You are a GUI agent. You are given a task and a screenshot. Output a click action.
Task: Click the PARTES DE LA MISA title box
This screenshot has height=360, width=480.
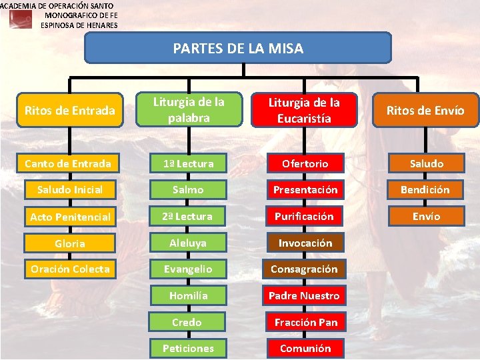click(x=238, y=48)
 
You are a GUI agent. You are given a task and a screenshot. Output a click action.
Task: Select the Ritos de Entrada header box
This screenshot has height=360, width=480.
click(x=69, y=110)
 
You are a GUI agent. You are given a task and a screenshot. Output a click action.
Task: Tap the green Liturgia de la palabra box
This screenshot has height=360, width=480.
click(x=189, y=110)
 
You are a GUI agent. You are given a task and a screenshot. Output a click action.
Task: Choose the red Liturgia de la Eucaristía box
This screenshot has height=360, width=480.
click(x=304, y=110)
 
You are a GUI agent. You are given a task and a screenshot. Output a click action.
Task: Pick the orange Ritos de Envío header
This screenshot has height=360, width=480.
click(x=425, y=110)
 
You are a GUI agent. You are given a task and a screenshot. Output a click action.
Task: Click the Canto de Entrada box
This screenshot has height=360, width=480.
click(x=68, y=163)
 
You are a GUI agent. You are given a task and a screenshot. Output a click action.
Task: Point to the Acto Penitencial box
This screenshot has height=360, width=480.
click(x=70, y=217)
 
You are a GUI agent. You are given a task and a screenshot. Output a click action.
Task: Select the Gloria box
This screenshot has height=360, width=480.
click(x=70, y=243)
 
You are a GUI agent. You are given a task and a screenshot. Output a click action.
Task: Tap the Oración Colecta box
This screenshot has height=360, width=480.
click(x=70, y=269)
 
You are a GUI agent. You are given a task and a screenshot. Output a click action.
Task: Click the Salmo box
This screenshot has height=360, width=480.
click(x=188, y=190)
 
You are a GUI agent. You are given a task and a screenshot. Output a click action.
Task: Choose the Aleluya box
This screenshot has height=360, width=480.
click(x=188, y=243)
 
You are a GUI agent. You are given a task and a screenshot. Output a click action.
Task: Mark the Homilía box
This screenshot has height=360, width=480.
click(x=189, y=295)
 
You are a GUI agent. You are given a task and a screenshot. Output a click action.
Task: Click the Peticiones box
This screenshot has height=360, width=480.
click(x=188, y=348)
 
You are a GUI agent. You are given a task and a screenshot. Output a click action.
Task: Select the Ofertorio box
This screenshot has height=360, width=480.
click(x=305, y=163)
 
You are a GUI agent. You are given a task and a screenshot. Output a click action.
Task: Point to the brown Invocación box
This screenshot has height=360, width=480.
click(x=305, y=243)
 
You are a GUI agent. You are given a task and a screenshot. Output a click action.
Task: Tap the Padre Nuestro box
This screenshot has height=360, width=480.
click(x=304, y=295)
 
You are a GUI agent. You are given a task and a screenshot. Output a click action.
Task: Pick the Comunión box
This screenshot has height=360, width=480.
click(x=305, y=348)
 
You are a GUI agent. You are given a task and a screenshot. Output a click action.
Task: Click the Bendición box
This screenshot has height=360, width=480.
click(x=425, y=190)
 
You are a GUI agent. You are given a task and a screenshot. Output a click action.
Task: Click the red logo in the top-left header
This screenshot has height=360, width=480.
click(x=20, y=19)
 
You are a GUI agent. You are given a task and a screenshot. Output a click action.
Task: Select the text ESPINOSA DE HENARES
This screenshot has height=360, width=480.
click(x=79, y=25)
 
